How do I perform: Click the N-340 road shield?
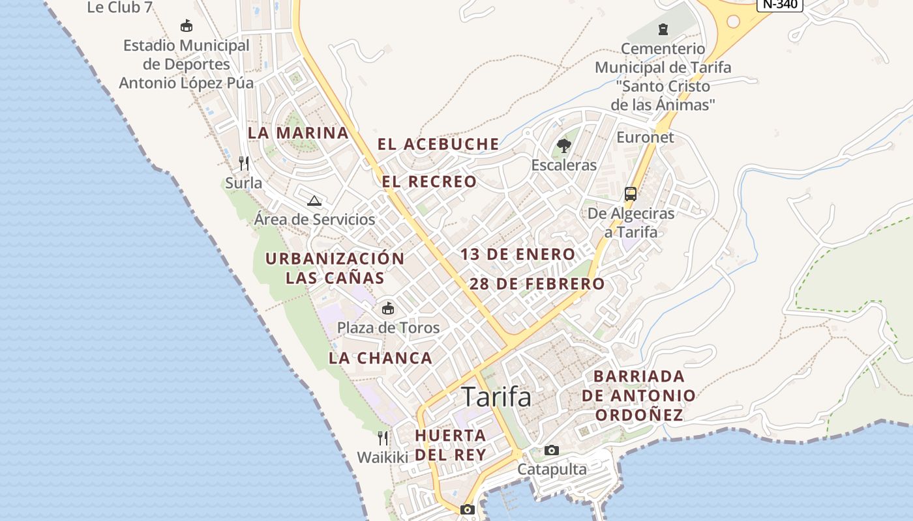click(779, 4)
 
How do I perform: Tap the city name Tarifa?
click(496, 397)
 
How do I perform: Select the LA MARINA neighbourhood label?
click(298, 133)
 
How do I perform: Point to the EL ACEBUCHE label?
click(438, 144)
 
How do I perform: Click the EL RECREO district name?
click(430, 182)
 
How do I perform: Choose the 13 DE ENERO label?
click(518, 254)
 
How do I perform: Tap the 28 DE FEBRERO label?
click(537, 284)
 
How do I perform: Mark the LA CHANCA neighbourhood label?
click(380, 358)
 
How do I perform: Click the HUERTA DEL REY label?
click(451, 445)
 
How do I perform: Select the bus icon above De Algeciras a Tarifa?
click(631, 193)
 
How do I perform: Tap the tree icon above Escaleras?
click(564, 145)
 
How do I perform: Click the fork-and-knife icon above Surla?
click(244, 163)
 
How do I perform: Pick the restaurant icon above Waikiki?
click(383, 438)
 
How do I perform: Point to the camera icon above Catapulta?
click(552, 450)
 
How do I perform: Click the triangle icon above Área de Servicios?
click(314, 201)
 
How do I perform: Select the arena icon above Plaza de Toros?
click(388, 307)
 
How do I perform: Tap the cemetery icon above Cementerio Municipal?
click(663, 29)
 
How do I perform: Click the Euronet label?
click(645, 137)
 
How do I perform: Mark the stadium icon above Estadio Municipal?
click(187, 26)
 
